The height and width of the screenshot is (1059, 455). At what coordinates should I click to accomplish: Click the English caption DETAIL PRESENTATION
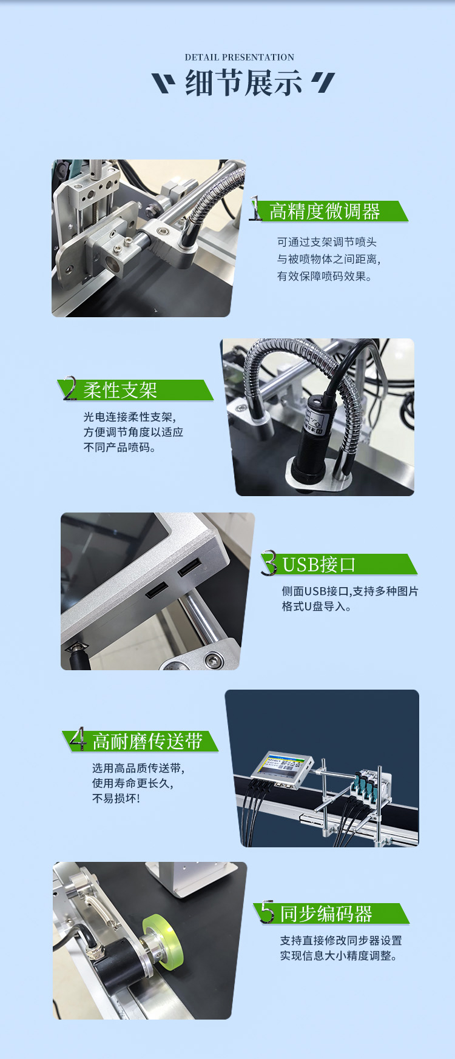[240, 58]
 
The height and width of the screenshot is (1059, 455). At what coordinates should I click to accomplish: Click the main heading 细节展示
[243, 83]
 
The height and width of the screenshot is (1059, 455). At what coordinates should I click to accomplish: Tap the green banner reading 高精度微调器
[331, 211]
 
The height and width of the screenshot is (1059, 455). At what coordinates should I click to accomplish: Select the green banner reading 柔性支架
[136, 390]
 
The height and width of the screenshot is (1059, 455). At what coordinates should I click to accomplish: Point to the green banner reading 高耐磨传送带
[141, 741]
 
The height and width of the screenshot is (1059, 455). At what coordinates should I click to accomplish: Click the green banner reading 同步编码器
[331, 913]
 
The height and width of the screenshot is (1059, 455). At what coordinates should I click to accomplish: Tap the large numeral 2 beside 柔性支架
[70, 388]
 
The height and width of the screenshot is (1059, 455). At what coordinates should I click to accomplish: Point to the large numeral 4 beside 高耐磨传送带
[78, 739]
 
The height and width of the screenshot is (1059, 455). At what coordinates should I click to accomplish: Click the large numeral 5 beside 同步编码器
[267, 912]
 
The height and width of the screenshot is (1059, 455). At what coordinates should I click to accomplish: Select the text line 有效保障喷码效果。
[325, 277]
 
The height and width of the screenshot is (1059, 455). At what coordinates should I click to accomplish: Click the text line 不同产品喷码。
[120, 448]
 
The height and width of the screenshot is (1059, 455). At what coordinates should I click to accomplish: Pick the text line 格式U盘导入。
[317, 607]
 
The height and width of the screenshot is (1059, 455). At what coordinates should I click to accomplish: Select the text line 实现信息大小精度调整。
[339, 956]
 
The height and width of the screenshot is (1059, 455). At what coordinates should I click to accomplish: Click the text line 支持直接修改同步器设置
[341, 941]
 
